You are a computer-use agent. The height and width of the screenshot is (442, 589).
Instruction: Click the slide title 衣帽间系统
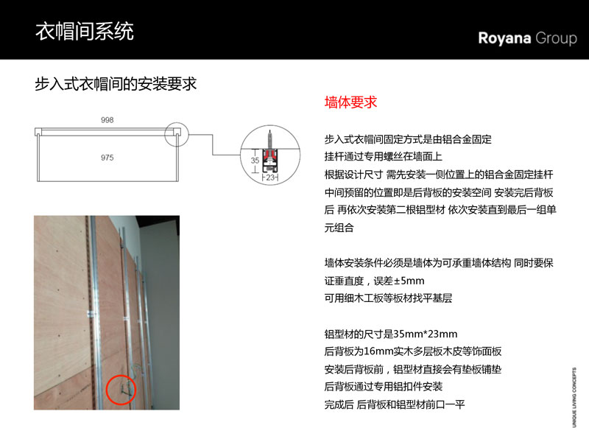click(85, 31)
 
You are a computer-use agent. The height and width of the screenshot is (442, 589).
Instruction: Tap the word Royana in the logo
click(504, 39)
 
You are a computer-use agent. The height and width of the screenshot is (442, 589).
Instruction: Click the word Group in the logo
click(557, 39)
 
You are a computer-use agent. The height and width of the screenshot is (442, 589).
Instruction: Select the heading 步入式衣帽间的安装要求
click(116, 84)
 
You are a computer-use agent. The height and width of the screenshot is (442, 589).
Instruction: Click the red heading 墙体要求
click(350, 102)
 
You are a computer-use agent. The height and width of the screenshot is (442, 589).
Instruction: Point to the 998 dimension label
click(107, 120)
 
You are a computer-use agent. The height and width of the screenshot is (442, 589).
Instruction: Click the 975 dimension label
click(107, 158)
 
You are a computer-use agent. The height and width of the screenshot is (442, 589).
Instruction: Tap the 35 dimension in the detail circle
click(255, 160)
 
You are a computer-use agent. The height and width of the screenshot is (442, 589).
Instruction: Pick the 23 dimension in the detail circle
click(270, 178)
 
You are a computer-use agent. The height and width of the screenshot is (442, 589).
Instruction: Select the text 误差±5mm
click(399, 281)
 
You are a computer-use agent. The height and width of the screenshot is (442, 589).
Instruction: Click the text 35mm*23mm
click(426, 334)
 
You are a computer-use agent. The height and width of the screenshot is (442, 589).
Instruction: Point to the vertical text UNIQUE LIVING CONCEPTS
click(574, 397)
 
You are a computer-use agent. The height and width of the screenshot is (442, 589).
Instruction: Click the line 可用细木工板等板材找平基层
click(388, 298)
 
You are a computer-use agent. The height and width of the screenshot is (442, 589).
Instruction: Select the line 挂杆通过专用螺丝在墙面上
click(383, 156)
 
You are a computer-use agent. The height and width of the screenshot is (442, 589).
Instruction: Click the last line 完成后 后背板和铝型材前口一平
click(395, 404)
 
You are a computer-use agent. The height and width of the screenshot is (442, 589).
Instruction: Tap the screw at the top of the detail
click(269, 139)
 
